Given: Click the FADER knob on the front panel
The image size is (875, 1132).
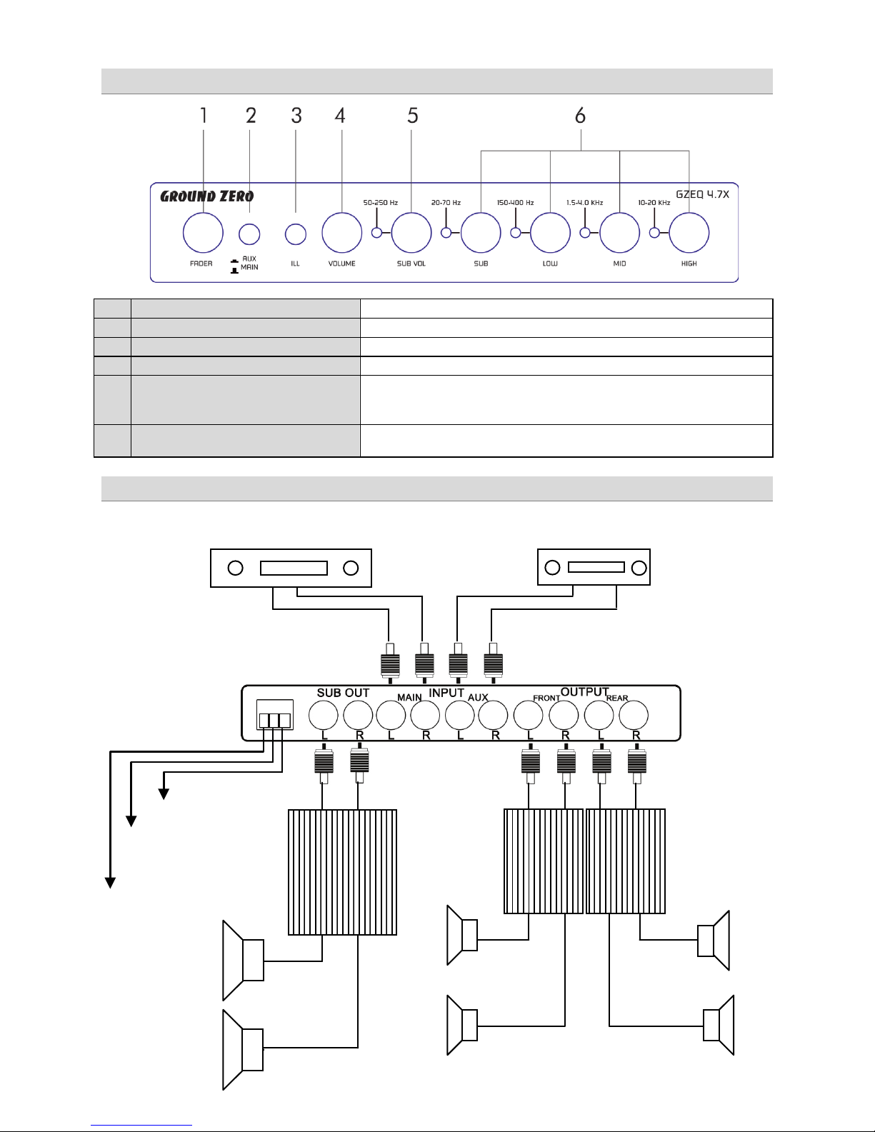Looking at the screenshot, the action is pyautogui.click(x=203, y=233).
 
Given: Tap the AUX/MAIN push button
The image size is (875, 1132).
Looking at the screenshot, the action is pyautogui.click(x=249, y=234).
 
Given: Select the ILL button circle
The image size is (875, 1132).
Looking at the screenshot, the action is pyautogui.click(x=296, y=234).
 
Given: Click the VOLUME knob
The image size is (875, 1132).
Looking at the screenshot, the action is pyautogui.click(x=341, y=233).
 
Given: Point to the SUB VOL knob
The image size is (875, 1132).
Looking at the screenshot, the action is pyautogui.click(x=411, y=233).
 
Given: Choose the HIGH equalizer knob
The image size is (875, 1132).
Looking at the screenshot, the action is pyautogui.click(x=689, y=233).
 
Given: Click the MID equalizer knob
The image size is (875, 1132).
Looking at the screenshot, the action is pyautogui.click(x=620, y=233).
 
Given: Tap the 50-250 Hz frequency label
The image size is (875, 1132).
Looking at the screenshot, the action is pyautogui.click(x=381, y=203).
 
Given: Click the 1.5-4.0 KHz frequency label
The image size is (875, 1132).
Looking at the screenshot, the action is pyautogui.click(x=585, y=203).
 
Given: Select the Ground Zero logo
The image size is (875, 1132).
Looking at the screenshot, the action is pyautogui.click(x=206, y=196).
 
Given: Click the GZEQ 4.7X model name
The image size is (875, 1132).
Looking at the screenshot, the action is pyautogui.click(x=703, y=194).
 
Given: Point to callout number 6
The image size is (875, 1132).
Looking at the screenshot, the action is pyautogui.click(x=580, y=115).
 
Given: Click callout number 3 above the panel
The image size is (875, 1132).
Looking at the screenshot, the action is pyautogui.click(x=296, y=115).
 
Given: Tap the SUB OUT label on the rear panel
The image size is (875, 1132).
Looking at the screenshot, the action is pyautogui.click(x=344, y=693).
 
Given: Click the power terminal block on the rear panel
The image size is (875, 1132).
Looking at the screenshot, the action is pyautogui.click(x=275, y=715).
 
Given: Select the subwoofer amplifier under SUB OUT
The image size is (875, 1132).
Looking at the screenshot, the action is pyautogui.click(x=343, y=872).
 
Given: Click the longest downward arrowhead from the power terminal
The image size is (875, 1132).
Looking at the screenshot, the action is pyautogui.click(x=111, y=883).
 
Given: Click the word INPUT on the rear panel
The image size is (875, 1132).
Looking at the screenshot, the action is pyautogui.click(x=446, y=693).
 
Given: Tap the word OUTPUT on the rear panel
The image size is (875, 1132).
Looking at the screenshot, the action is pyautogui.click(x=585, y=692).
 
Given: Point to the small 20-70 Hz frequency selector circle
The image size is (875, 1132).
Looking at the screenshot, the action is pyautogui.click(x=446, y=233).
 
